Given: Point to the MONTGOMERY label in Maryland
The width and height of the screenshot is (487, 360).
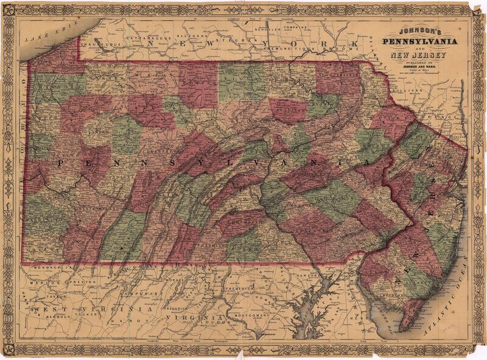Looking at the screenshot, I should coord(250,316).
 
